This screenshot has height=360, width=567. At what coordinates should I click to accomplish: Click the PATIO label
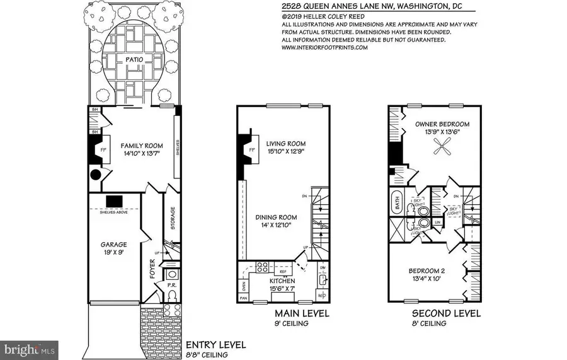(133, 61)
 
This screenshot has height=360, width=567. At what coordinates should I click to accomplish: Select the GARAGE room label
(114, 245)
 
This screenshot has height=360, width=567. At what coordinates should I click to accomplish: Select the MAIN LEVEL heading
(301, 313)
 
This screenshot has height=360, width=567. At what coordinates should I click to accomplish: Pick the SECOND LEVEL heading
(446, 313)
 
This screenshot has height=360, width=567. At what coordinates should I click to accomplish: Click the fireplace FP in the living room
(246, 150)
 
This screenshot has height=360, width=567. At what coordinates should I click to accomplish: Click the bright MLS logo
(30, 347)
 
